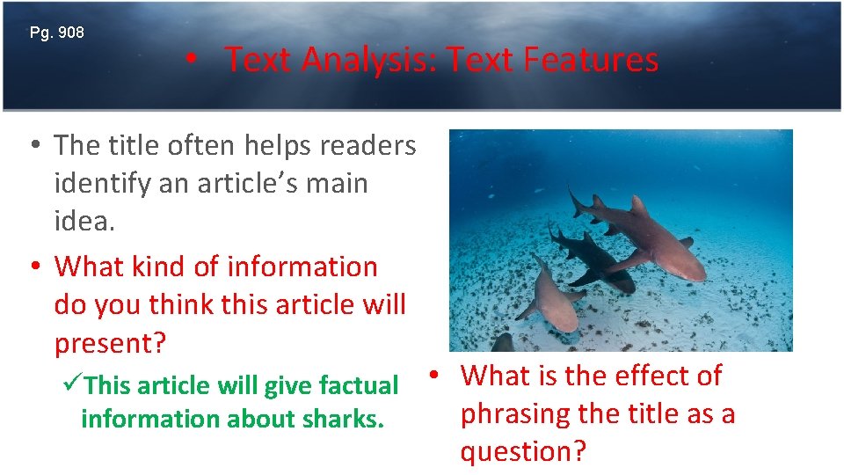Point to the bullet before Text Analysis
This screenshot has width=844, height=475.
click(x=190, y=60)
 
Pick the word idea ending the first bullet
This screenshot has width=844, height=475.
click(x=84, y=221)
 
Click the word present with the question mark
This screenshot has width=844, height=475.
click(x=109, y=343)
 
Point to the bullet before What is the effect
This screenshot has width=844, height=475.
click(x=435, y=376)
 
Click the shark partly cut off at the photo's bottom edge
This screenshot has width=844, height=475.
click(x=502, y=343)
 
